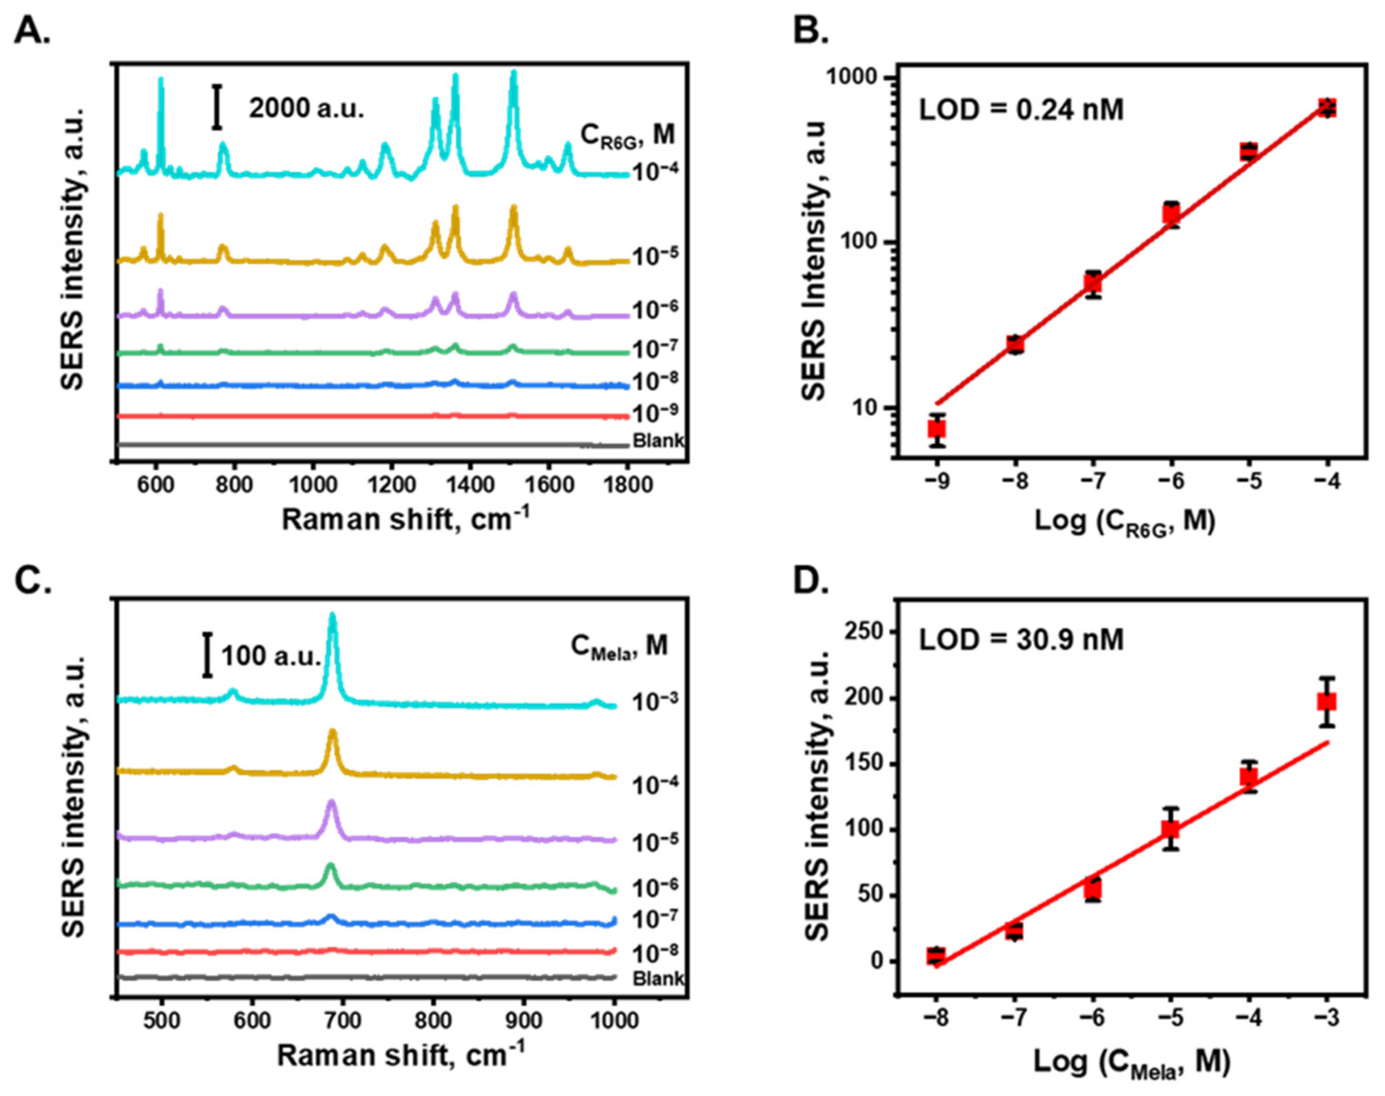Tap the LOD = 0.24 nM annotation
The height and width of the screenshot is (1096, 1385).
coord(1021,111)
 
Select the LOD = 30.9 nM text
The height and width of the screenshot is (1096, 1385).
coord(1021,640)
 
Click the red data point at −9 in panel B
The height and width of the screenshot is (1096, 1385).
coord(936,429)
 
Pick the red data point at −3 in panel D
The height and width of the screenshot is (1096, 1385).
coord(1326,701)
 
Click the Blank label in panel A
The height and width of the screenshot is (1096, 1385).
coord(658,441)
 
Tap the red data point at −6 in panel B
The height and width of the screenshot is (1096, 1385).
coord(1171,213)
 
